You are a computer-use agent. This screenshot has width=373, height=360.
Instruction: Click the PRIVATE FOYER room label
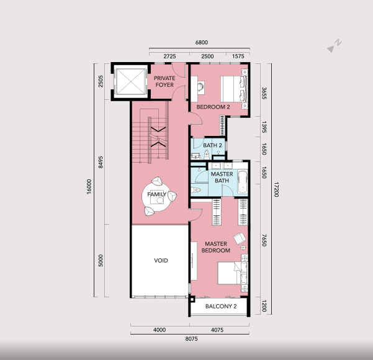(164, 81)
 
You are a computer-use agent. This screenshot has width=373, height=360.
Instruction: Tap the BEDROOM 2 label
(213, 107)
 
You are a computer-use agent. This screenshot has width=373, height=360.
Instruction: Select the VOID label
(161, 260)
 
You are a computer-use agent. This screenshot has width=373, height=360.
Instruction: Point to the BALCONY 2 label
(221, 306)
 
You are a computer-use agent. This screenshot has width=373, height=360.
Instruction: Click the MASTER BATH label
(222, 178)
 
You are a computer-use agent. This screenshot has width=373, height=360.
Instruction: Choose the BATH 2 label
(212, 145)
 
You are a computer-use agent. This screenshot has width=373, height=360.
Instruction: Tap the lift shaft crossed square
(130, 81)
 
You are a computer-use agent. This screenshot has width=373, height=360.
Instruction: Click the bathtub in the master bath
(243, 181)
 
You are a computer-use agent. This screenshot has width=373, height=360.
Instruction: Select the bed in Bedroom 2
(235, 89)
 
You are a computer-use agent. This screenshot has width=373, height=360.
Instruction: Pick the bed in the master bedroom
(233, 273)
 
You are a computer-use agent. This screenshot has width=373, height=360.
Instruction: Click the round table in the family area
(156, 197)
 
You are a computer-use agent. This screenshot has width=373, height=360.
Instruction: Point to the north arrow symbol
(334, 46)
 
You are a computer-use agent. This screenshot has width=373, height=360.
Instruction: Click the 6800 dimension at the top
(202, 42)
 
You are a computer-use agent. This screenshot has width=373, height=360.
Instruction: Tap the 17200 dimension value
(276, 190)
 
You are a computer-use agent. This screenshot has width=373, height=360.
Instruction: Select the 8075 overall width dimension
(192, 339)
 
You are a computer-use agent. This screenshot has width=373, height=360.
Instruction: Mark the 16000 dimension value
(89, 187)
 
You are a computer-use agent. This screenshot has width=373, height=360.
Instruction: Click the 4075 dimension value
(217, 330)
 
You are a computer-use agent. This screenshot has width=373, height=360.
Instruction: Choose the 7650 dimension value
(264, 240)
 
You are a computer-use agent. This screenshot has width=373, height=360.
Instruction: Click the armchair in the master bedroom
(240, 238)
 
